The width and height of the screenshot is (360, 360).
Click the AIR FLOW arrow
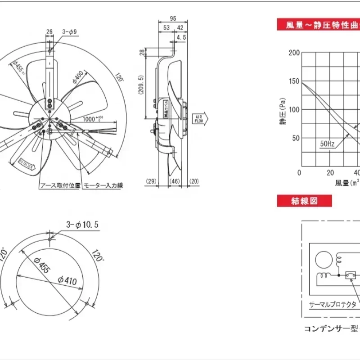coord(198,118)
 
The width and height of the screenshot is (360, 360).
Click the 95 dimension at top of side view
coord(173,19)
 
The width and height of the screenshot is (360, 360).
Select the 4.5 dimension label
coord(181,38)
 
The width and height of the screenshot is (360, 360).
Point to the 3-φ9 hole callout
coord(70,32)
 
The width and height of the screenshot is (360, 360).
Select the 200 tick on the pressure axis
coord(294,53)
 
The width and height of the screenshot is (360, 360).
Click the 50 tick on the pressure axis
coord(295,138)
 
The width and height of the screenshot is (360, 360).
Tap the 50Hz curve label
coord(327,144)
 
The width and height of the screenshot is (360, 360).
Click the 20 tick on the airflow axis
coord(330,173)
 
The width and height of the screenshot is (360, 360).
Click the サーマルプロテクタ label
coord(333,305)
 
